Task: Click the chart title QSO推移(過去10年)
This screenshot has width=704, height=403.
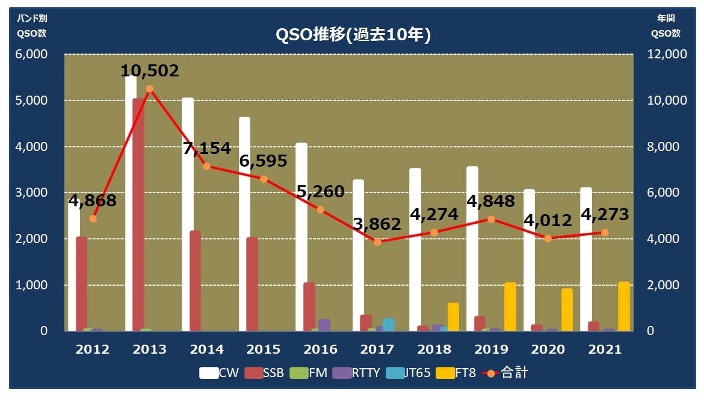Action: click(x=353, y=35)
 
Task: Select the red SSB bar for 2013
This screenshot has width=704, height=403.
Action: click(x=138, y=217)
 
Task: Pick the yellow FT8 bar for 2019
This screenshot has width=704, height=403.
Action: click(x=510, y=307)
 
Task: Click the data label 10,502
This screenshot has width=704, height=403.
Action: click(x=150, y=71)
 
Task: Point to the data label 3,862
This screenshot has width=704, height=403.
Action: click(x=377, y=224)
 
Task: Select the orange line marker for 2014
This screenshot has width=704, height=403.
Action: click(x=206, y=166)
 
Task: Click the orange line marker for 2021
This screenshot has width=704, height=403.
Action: click(x=605, y=232)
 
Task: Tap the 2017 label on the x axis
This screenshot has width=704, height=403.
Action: click(x=377, y=349)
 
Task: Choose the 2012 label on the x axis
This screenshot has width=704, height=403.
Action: click(x=93, y=349)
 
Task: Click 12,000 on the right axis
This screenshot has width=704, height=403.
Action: click(x=667, y=55)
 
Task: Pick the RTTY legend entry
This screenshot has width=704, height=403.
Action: click(x=358, y=373)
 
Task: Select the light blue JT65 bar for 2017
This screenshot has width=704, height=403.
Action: click(x=389, y=325)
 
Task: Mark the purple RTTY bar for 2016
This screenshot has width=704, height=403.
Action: click(x=324, y=325)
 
